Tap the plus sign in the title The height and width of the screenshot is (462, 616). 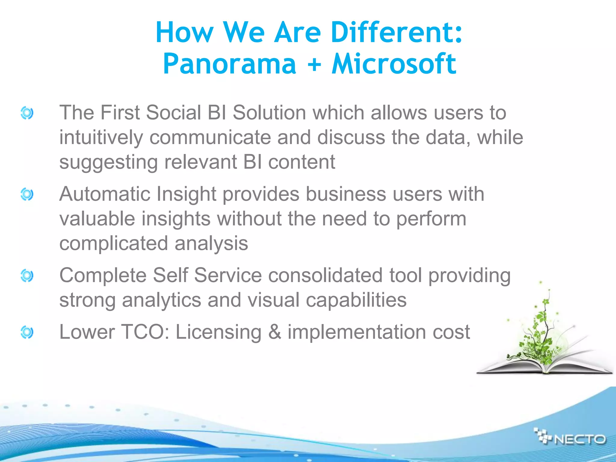coord(314,64)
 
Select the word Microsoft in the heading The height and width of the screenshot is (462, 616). coord(394,63)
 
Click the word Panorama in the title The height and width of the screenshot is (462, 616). coord(230,64)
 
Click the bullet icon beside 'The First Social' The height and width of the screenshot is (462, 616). coord(27,113)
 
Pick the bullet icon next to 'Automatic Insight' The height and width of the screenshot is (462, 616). coord(27,194)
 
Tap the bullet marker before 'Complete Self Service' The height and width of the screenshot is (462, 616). coord(27,276)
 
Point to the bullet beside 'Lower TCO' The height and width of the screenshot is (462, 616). coord(27,332)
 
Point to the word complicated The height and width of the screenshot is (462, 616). coord(113,243)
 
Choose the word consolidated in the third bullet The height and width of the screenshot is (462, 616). coord(325,276)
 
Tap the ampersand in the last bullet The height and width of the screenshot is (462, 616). coord(274,332)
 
